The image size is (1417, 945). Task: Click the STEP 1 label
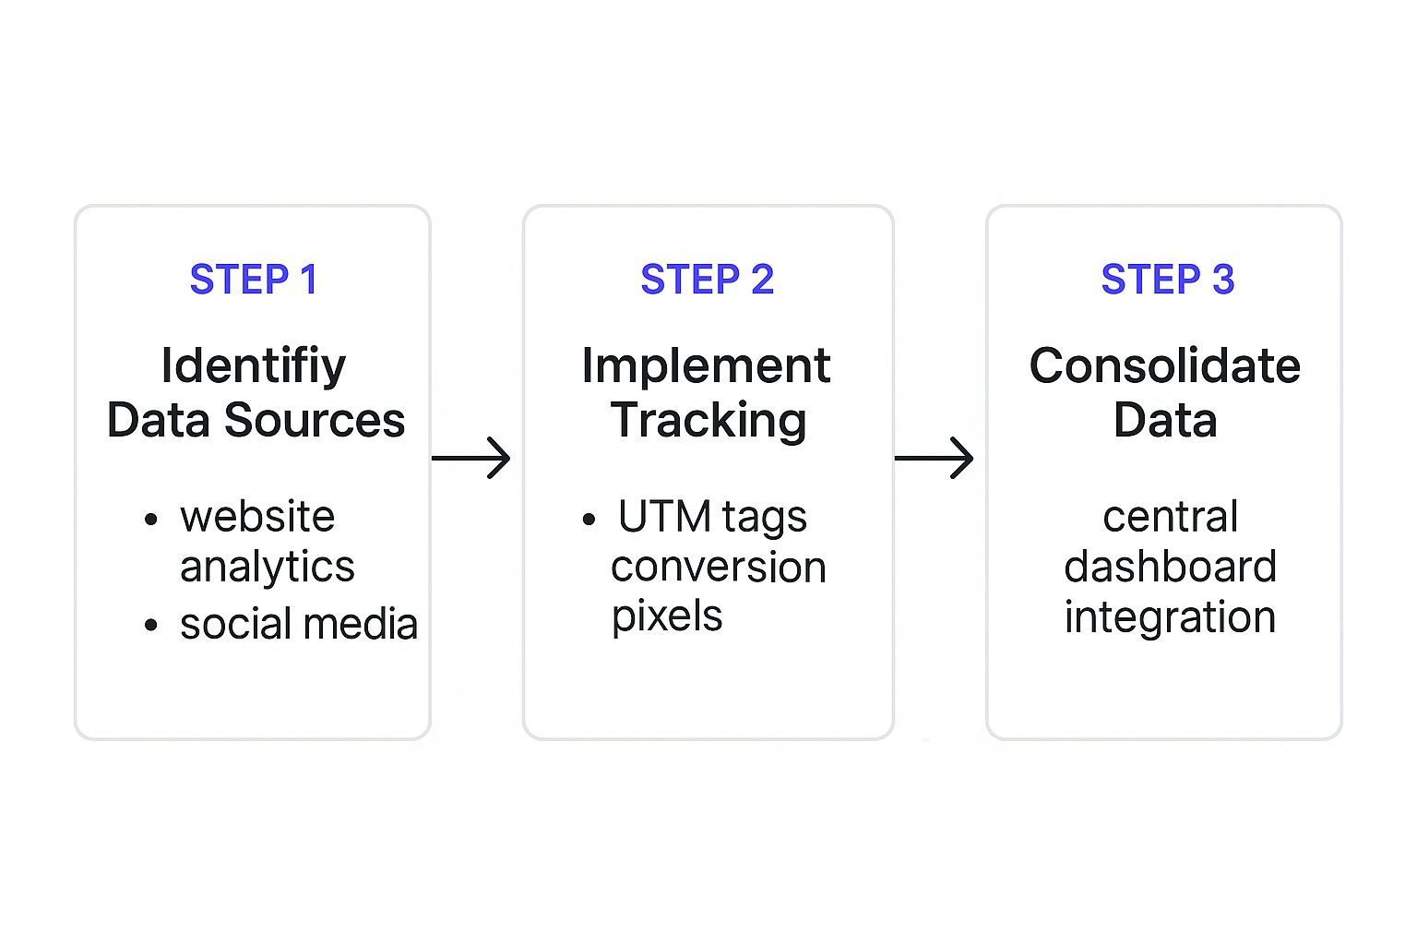point(254,280)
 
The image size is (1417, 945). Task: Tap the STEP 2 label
point(708,280)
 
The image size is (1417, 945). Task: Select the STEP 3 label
point(1167,280)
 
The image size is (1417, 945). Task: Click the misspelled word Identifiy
point(254,366)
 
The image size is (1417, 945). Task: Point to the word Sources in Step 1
point(315,421)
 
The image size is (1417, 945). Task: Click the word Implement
point(706,366)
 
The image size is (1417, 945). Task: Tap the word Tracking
point(708,421)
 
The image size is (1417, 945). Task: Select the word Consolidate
point(1164,366)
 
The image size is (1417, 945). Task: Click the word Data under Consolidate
point(1164,421)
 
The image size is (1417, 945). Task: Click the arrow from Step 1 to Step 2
point(471,458)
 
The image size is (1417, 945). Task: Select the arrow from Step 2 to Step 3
point(935,458)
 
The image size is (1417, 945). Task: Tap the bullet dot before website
point(151,520)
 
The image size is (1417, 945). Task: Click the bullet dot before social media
point(151,627)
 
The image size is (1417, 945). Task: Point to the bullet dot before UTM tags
point(589,520)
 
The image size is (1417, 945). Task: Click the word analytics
point(267,567)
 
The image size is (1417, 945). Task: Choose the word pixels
point(667,616)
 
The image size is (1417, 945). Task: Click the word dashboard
point(1170,567)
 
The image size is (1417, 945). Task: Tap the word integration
point(1170,616)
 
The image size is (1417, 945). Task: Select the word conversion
point(718,567)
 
